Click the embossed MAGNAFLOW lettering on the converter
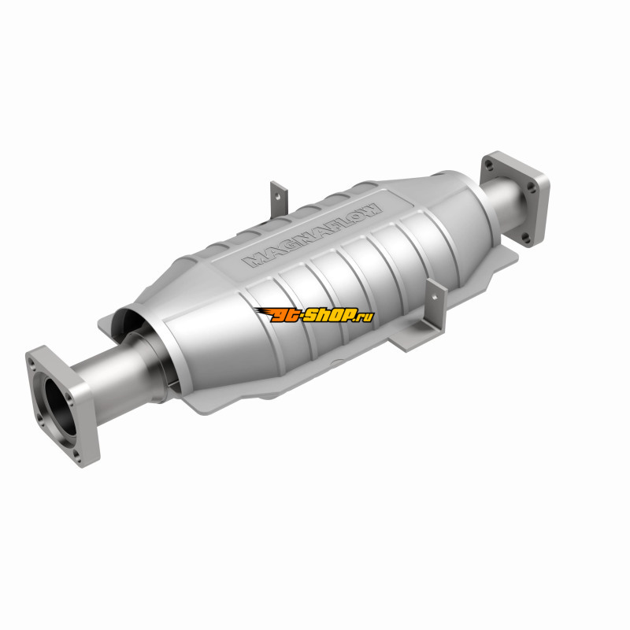pos(312,235)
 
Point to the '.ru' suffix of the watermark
pos(363,317)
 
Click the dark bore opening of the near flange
pos(60,405)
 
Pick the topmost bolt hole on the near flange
pos(32,362)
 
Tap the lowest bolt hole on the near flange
pos(77,456)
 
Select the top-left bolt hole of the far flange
pos(488,165)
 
